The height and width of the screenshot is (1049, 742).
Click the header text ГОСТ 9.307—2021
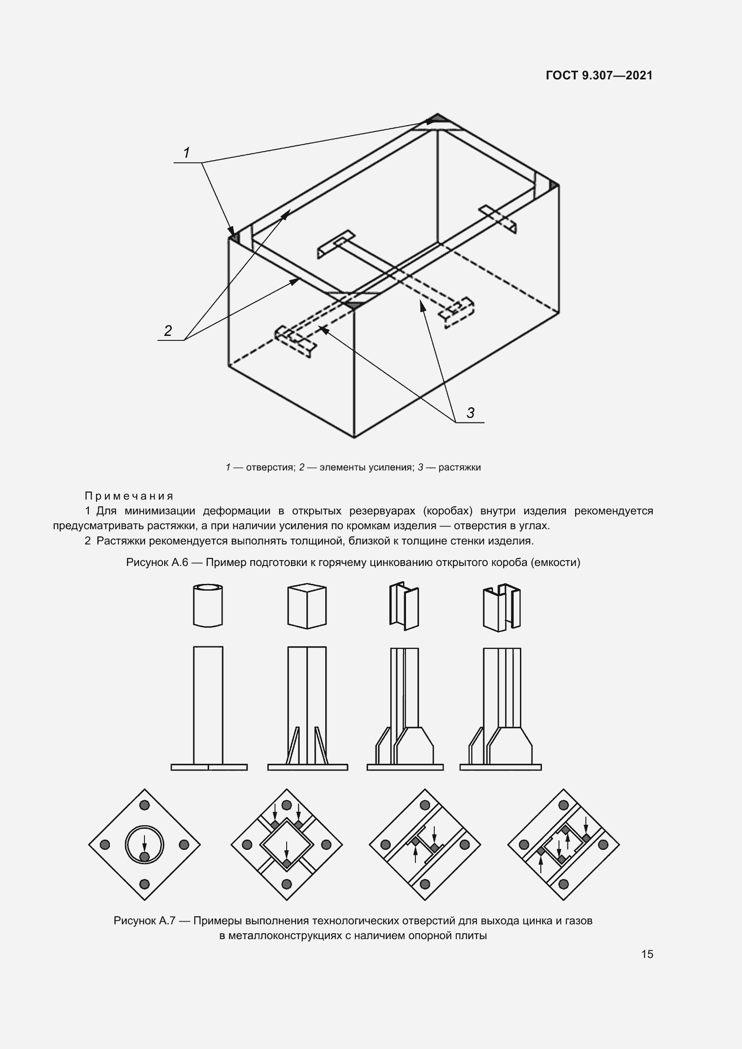(x=599, y=75)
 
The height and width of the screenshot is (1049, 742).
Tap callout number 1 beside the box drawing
(x=187, y=152)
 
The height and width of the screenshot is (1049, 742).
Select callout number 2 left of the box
(x=168, y=331)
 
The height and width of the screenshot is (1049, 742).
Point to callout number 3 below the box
(x=470, y=413)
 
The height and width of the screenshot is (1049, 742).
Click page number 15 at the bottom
(x=647, y=954)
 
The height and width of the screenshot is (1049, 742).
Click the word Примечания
(x=129, y=496)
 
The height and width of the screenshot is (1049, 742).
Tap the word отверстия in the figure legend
(x=270, y=467)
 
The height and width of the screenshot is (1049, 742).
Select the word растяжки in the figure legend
(x=460, y=467)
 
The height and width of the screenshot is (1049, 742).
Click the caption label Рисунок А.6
(x=157, y=562)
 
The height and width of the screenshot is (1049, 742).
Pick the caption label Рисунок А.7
(x=145, y=921)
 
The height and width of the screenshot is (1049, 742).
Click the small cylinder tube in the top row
(x=208, y=605)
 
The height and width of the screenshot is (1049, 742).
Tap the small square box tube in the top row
(x=307, y=605)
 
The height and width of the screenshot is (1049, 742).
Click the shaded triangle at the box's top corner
(x=437, y=119)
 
